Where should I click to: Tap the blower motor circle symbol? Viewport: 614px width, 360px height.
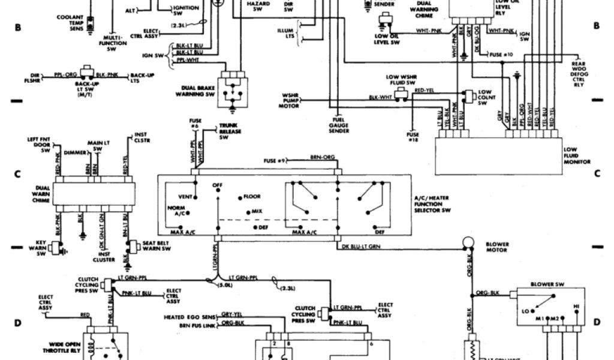coord(467,242)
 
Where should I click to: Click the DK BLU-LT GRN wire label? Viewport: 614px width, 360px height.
coord(361,247)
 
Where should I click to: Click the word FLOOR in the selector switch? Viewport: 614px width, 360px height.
coord(252,197)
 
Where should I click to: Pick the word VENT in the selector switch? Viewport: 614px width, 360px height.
coord(185,197)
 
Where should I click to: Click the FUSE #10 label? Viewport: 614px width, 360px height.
coord(502,55)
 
